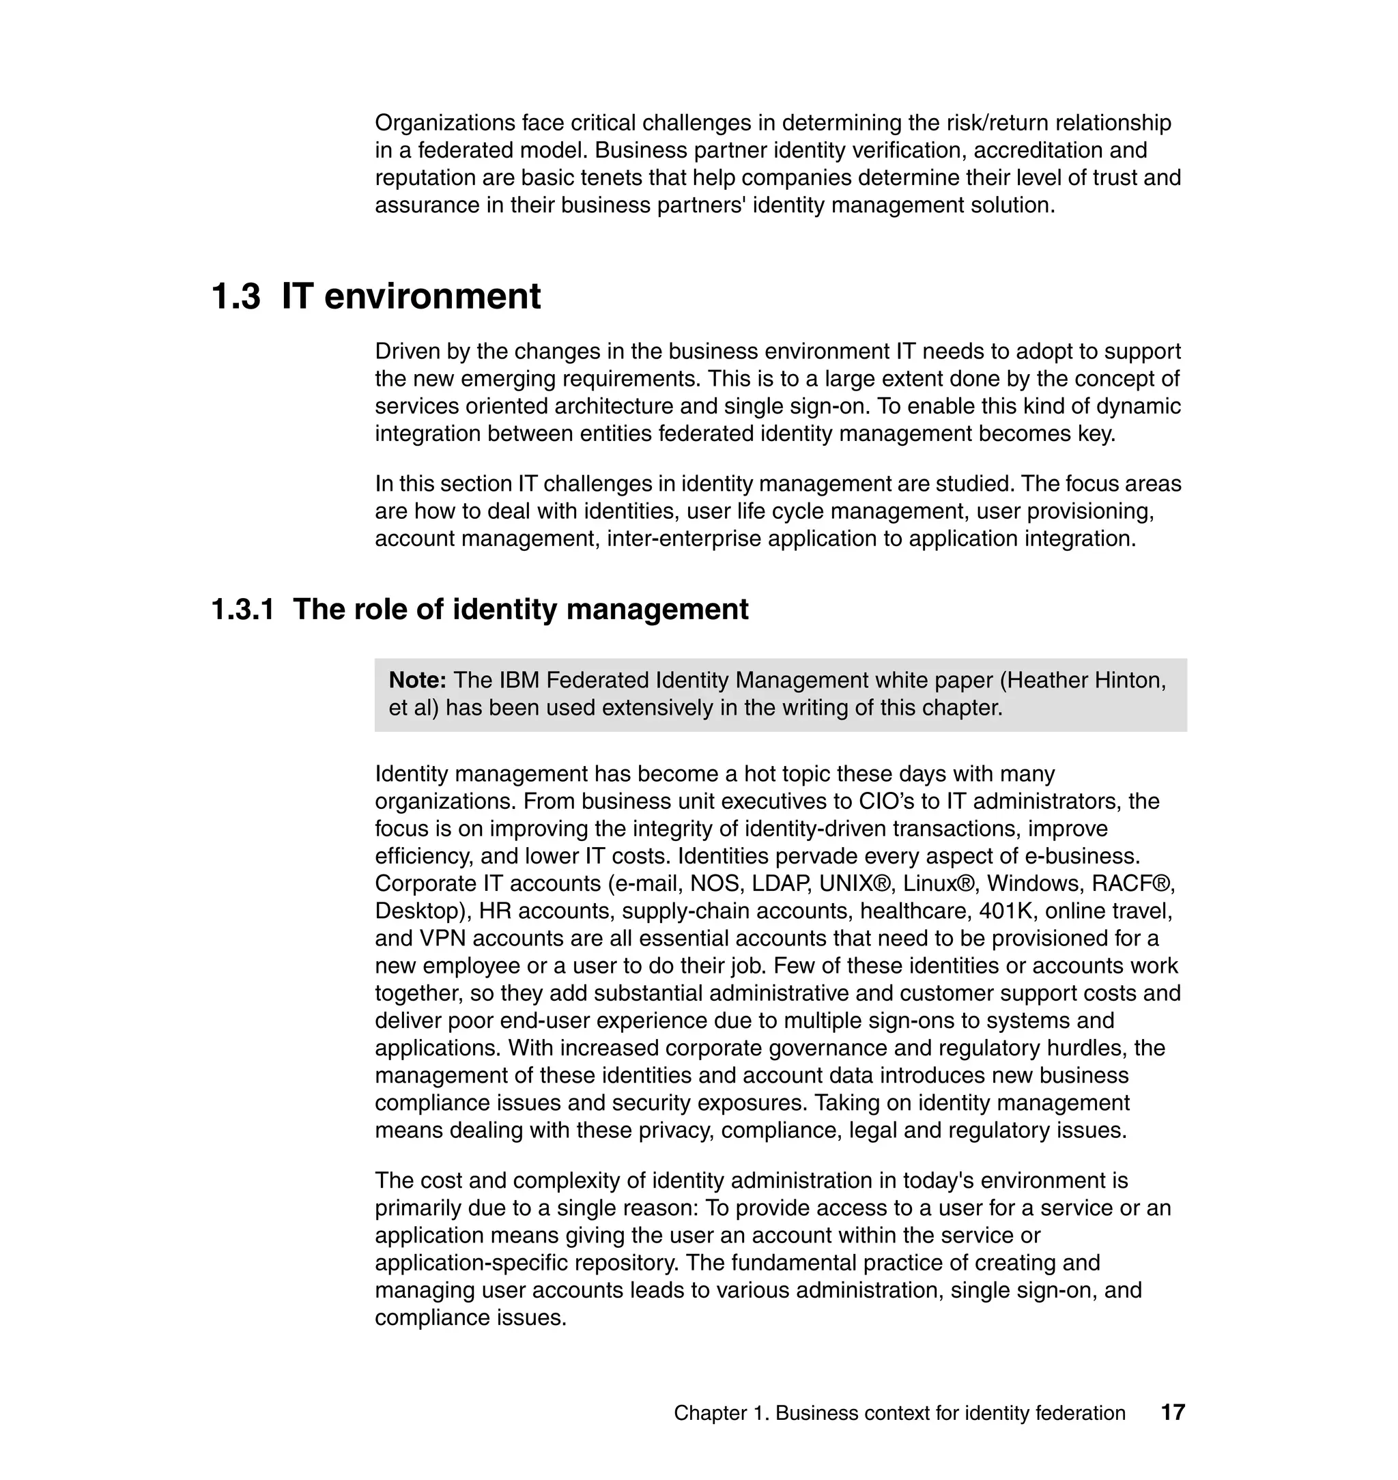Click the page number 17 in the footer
point(1172,1412)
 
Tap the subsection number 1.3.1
point(242,609)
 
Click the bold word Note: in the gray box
point(417,680)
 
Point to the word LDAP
point(781,883)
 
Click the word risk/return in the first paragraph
point(1005,122)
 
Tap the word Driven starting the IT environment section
point(407,351)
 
